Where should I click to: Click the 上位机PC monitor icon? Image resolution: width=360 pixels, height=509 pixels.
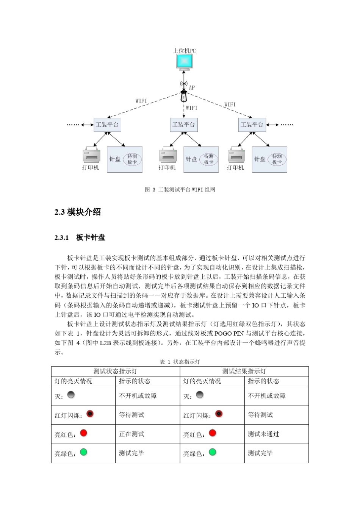click(184, 62)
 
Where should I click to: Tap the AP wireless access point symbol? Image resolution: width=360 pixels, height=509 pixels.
click(184, 93)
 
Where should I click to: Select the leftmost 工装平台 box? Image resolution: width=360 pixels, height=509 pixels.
click(107, 125)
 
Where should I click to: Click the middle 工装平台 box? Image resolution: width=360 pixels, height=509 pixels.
click(184, 125)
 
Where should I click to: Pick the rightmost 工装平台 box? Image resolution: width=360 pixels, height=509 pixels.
click(252, 125)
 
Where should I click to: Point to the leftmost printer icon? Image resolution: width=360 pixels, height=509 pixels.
click(91, 155)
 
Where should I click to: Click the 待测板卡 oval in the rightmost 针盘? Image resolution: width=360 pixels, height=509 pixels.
click(277, 159)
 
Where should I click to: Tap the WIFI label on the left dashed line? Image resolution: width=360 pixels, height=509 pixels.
click(141, 101)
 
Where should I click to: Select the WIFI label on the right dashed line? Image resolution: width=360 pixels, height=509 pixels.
click(230, 105)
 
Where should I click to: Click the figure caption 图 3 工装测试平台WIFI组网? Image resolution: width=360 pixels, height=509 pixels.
click(180, 190)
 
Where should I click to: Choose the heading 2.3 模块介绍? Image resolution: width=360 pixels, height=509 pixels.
click(78, 212)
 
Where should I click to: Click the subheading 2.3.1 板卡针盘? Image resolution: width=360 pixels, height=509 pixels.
click(80, 237)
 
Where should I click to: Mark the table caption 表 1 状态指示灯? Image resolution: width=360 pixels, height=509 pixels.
click(180, 362)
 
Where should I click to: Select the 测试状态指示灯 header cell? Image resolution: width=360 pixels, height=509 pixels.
click(116, 371)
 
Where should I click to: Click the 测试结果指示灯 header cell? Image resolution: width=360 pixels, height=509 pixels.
click(244, 371)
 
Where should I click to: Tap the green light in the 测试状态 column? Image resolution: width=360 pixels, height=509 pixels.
click(84, 452)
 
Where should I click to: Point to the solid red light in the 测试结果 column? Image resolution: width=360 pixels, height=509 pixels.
click(213, 433)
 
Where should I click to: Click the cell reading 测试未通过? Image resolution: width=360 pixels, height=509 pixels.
click(263, 434)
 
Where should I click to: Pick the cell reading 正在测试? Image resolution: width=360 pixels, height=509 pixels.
click(131, 434)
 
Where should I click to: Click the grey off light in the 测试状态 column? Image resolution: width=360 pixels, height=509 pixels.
click(71, 395)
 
